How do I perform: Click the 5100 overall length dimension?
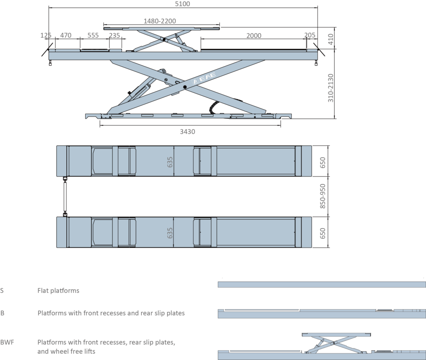point(182,4)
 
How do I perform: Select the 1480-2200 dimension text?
point(160,21)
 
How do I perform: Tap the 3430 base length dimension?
point(188,132)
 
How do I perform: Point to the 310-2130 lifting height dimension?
point(330,88)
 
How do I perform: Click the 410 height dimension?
point(330,39)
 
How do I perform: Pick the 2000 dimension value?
point(254,36)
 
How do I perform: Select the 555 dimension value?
point(93,35)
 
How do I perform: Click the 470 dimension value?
point(66,35)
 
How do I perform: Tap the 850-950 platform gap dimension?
point(322,196)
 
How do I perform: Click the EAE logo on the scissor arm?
point(204,78)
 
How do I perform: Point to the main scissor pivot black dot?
point(185,87)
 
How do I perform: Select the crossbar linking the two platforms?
point(65,196)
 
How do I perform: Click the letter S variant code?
point(2,291)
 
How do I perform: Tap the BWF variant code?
point(7,343)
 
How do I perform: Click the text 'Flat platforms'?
point(58,291)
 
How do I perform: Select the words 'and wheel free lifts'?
point(66,351)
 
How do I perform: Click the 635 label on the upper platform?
point(170,162)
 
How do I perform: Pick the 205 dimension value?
point(310,35)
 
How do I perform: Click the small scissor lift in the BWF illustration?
point(336,343)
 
